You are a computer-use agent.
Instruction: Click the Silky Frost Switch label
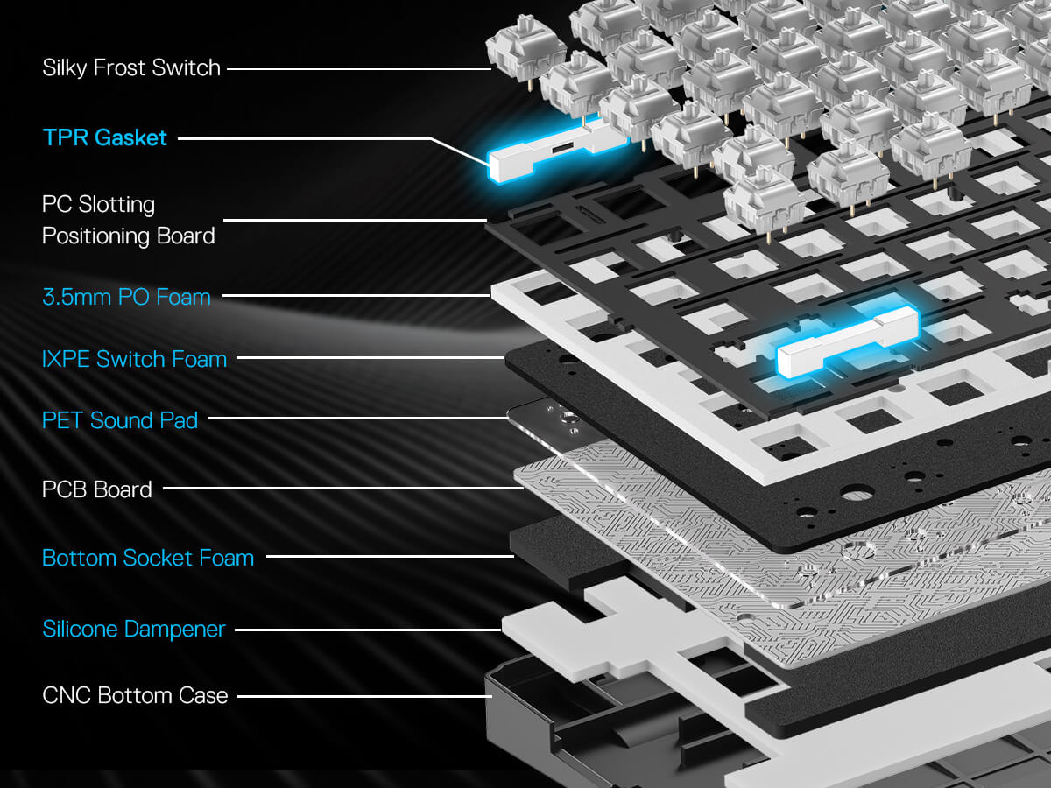point(131,68)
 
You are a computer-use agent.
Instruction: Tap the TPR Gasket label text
point(105,137)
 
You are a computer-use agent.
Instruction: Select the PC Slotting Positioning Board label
point(128,220)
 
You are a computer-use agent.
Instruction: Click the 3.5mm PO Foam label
point(126,297)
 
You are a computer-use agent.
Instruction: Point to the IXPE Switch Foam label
point(134,359)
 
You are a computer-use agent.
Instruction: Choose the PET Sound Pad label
point(120,420)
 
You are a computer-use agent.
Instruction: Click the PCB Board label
point(97,489)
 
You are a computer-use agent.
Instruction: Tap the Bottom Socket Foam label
point(148,558)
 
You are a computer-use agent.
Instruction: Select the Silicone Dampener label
point(134,629)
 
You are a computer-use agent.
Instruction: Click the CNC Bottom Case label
point(135,696)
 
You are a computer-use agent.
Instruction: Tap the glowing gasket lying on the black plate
point(846,341)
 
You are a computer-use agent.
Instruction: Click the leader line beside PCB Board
point(342,489)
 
